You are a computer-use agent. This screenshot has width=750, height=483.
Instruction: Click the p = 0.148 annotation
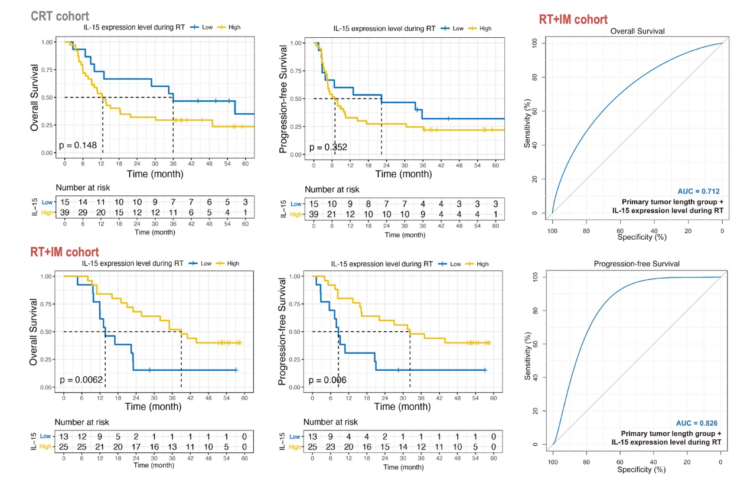click(77, 145)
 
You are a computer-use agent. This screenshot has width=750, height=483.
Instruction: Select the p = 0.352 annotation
click(328, 147)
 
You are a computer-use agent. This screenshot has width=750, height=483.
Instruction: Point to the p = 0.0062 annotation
click(80, 379)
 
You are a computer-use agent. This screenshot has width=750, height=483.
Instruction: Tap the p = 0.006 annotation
click(328, 380)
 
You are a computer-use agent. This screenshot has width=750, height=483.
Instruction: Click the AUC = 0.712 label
click(697, 191)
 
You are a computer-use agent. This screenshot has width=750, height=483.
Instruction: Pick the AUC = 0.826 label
click(697, 423)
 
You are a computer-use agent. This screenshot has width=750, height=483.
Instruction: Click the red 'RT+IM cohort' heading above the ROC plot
click(573, 19)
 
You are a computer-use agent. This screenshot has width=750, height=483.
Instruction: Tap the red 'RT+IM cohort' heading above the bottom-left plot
click(65, 252)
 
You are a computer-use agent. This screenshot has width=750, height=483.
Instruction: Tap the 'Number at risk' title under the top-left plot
click(82, 190)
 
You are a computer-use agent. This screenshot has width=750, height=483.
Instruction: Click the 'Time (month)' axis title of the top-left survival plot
click(155, 174)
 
